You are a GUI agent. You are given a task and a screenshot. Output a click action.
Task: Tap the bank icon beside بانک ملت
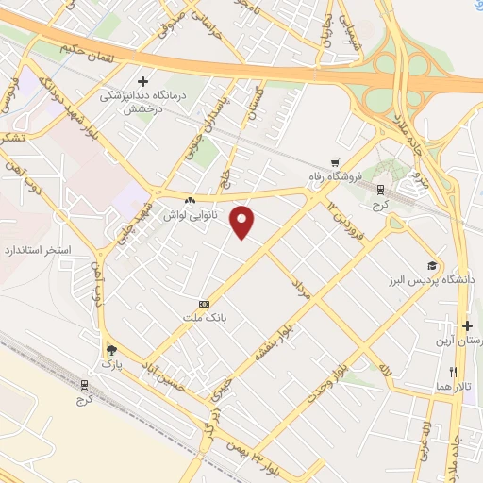pyautogui.click(x=204, y=304)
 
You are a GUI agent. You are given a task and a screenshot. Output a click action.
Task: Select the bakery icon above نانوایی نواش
pyautogui.click(x=191, y=201)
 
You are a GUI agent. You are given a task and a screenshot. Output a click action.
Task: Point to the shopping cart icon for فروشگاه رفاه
pyautogui.click(x=335, y=162)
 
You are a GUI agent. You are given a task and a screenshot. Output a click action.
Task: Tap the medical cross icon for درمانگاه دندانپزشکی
pyautogui.click(x=142, y=81)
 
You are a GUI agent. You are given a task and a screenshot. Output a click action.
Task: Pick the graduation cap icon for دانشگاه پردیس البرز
pyautogui.click(x=431, y=265)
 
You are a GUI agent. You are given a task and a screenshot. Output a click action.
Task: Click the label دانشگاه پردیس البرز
pyautogui.click(x=420, y=280)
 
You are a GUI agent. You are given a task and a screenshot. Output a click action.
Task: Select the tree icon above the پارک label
pyautogui.click(x=111, y=348)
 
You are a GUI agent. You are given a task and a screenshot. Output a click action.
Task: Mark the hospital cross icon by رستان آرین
pyautogui.click(x=467, y=325)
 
